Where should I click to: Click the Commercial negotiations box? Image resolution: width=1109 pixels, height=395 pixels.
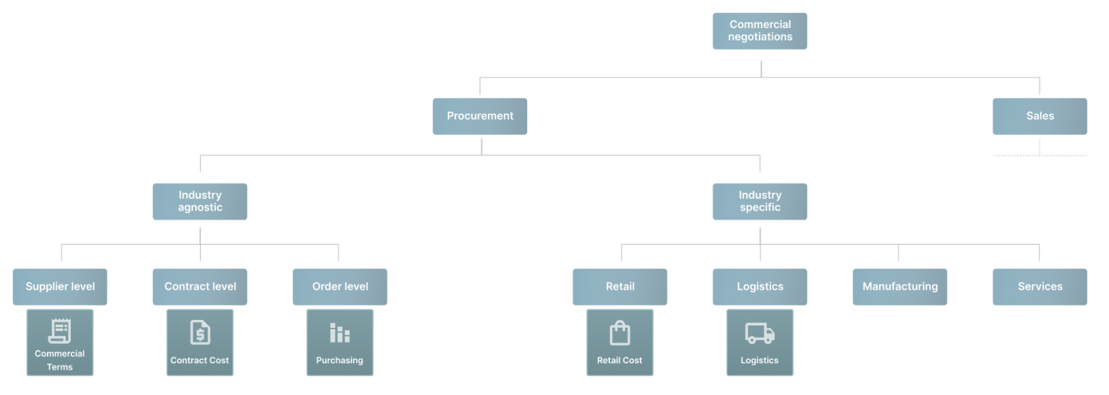[x=760, y=31]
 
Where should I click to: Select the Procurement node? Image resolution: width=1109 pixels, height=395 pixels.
[x=480, y=116]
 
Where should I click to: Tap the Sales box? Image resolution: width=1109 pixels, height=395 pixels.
[x=1040, y=116]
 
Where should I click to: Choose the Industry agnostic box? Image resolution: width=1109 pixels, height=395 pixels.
[x=200, y=201]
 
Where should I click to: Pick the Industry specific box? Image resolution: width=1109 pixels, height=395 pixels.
[x=760, y=201]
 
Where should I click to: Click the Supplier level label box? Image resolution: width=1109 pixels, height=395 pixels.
[x=60, y=287]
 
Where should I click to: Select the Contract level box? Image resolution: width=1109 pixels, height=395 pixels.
[x=200, y=287]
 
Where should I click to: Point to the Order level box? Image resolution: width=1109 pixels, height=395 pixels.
[x=340, y=287]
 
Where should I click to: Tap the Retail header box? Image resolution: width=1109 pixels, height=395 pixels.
[x=620, y=287]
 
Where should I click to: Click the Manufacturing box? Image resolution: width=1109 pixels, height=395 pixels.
[x=900, y=287]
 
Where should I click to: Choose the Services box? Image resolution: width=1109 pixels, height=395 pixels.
[x=1040, y=287]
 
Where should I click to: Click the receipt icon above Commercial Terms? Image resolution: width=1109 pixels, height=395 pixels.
[x=60, y=331]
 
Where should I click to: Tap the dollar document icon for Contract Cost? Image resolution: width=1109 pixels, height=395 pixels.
[x=200, y=332]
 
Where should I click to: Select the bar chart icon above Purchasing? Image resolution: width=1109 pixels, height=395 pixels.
[x=340, y=333]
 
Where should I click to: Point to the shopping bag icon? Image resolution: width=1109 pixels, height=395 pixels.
[x=620, y=333]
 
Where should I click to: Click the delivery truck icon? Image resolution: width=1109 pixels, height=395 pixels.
[x=760, y=333]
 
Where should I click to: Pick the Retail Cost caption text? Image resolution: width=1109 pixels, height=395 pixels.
[x=619, y=360]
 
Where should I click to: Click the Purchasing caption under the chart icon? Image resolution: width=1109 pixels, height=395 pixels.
[x=339, y=360]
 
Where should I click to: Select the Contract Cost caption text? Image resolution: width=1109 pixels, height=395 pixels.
[x=199, y=360]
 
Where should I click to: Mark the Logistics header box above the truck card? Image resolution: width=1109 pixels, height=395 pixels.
[x=760, y=287]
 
